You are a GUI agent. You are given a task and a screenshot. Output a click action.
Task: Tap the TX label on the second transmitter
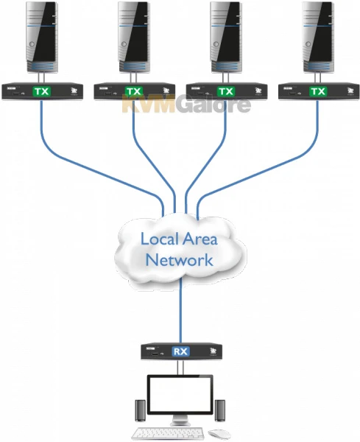pos(133,91)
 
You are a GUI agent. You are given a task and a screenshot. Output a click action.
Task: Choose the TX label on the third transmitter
pos(226,91)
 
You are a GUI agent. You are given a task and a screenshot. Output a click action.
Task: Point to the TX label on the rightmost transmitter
pos(318,91)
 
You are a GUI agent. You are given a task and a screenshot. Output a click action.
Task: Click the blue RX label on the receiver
pos(180,351)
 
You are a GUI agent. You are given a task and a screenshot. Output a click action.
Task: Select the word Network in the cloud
pos(180,260)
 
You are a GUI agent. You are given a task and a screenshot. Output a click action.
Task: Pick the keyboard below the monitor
pos(169,433)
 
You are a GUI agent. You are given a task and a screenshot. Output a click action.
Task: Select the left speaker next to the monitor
pos(139,410)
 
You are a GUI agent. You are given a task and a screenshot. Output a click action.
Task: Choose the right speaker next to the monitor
pos(219,410)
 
